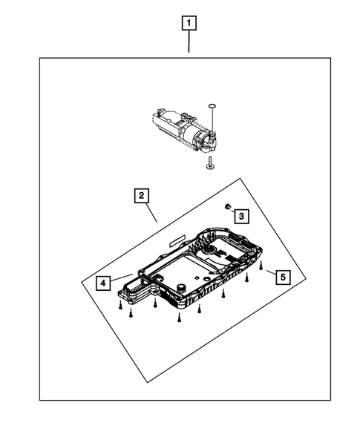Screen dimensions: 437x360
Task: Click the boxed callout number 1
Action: tap(190, 24)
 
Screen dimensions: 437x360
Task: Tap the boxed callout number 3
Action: tap(241, 215)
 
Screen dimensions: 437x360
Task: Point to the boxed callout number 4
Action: tap(102, 282)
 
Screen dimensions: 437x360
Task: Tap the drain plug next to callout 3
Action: tap(227, 206)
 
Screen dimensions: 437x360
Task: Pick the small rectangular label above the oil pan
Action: tap(178, 240)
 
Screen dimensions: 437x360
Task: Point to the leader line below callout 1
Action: tap(190, 43)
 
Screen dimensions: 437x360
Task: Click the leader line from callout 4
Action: tap(122, 277)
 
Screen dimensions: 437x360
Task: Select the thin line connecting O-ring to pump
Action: tap(213, 121)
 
